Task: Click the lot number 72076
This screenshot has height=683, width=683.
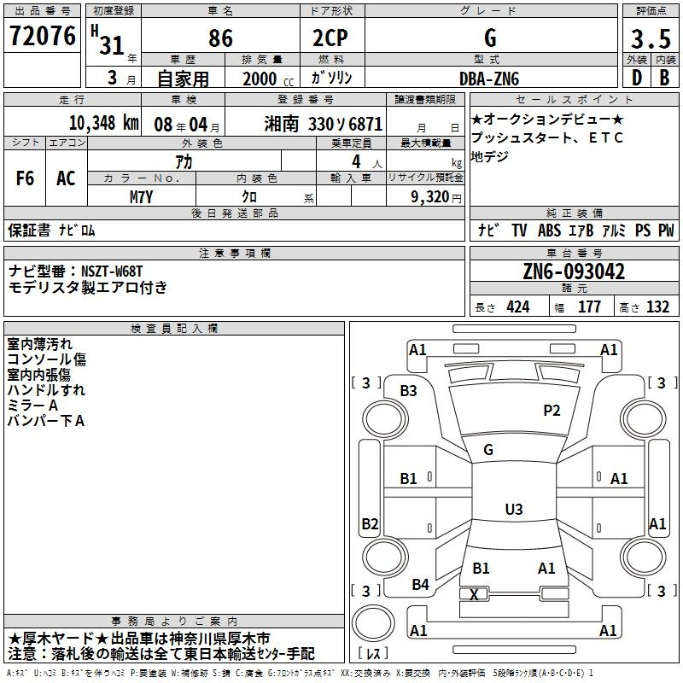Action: (x=42, y=37)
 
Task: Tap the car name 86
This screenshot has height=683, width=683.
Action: (x=220, y=38)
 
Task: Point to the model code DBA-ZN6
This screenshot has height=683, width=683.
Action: (x=488, y=79)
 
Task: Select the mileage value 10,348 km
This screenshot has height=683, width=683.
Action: (x=100, y=122)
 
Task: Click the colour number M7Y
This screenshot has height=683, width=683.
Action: (x=141, y=196)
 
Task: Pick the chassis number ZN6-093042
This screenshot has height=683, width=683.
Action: (x=574, y=272)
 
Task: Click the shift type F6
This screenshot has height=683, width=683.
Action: (x=26, y=178)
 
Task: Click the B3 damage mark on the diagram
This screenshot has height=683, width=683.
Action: (x=409, y=390)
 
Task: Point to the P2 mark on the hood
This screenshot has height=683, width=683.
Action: (x=552, y=411)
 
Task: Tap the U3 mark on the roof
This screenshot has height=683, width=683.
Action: (x=513, y=510)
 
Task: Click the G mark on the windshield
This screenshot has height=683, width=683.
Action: (x=488, y=450)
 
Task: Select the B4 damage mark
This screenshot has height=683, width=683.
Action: (x=420, y=585)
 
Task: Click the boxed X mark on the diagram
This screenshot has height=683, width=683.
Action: (x=474, y=593)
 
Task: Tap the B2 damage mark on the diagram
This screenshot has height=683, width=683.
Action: (x=370, y=523)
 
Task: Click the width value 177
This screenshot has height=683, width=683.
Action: (x=589, y=307)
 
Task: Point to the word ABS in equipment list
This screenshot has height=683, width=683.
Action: (x=550, y=231)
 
